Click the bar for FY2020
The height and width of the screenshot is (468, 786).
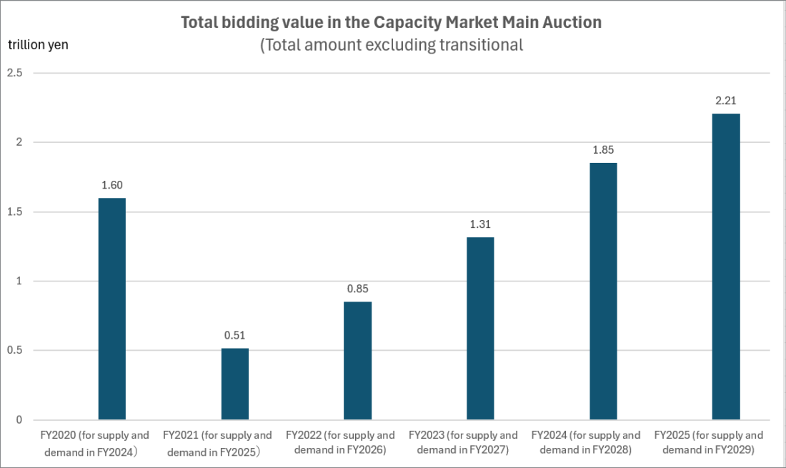click(x=111, y=309)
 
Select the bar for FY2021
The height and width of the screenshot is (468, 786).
click(x=235, y=384)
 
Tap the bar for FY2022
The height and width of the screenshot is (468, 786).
click(x=357, y=360)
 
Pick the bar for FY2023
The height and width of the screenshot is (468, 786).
click(x=480, y=328)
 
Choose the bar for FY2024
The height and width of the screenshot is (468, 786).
click(x=603, y=291)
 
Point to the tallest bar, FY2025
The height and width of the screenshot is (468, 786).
click(x=726, y=266)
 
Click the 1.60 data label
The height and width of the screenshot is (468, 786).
click(x=112, y=186)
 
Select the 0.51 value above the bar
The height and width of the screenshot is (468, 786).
click(x=235, y=336)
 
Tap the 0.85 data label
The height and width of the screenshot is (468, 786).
click(x=357, y=289)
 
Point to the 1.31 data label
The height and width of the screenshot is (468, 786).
click(x=480, y=225)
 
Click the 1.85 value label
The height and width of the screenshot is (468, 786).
click(x=603, y=151)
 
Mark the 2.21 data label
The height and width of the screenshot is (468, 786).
click(x=726, y=101)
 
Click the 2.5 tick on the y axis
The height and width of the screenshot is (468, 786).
click(x=15, y=73)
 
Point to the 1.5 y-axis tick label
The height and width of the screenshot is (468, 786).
click(x=15, y=212)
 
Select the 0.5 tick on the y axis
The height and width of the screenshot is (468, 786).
click(x=15, y=351)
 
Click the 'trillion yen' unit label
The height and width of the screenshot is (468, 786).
click(x=38, y=44)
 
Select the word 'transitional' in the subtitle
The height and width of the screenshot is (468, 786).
click(x=481, y=45)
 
